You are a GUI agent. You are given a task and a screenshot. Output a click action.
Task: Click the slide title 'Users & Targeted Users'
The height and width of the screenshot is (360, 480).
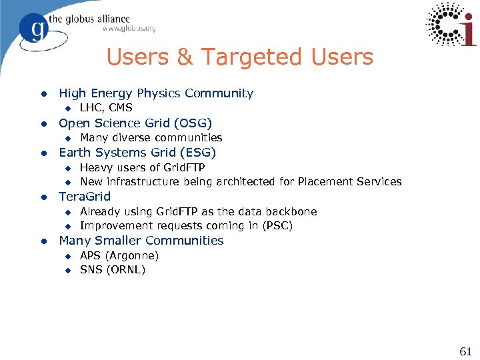click(x=239, y=58)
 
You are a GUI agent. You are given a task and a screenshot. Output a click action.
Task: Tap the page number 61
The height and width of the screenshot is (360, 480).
click(x=465, y=351)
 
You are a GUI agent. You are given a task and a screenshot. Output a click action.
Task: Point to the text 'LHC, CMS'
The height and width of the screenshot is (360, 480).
click(x=106, y=108)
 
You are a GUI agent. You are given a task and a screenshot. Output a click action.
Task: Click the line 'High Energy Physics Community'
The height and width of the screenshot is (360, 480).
click(x=156, y=93)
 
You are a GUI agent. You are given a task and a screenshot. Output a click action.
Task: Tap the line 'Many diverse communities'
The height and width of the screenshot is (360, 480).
click(x=151, y=138)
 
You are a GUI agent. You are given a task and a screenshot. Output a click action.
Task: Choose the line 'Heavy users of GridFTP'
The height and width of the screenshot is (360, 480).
click(x=142, y=167)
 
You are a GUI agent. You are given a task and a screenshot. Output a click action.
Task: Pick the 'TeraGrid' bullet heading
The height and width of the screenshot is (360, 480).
click(x=85, y=197)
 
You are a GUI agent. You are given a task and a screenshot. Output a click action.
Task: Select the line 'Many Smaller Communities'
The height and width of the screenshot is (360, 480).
click(x=141, y=241)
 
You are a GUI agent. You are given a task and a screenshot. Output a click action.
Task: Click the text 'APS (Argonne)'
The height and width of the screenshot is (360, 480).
click(x=119, y=255)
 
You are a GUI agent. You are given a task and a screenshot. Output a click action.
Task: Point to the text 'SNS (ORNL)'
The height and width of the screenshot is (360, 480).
click(x=112, y=270)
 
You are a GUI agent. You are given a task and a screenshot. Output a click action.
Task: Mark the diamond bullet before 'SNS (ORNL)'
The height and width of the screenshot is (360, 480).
click(x=67, y=271)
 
